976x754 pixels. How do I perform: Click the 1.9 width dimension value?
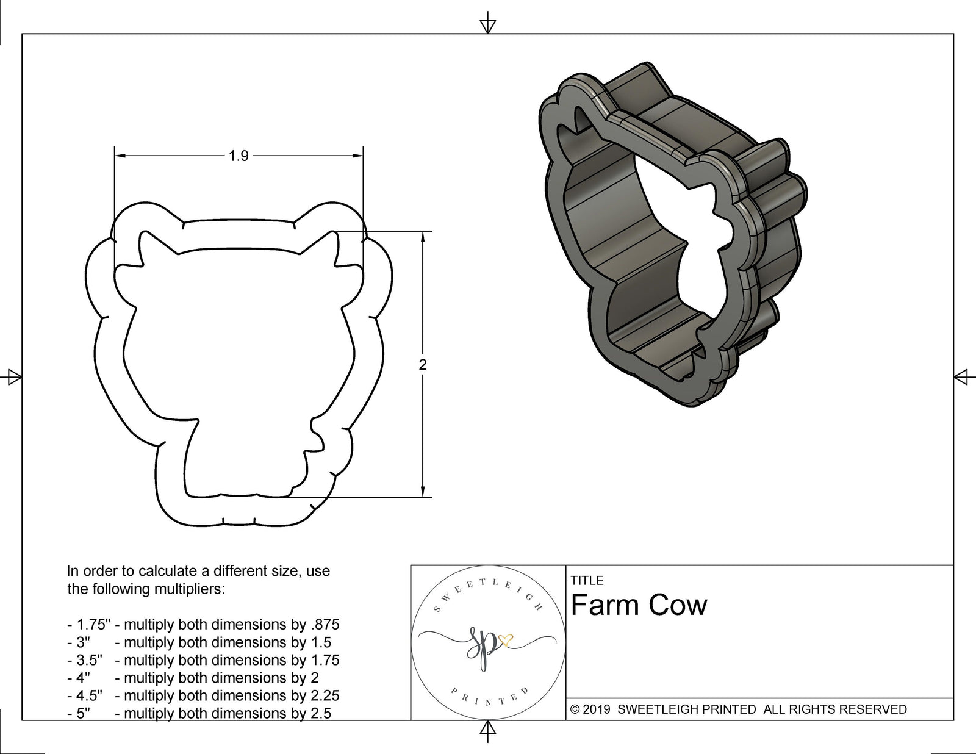click(239, 156)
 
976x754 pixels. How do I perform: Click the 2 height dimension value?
click(423, 365)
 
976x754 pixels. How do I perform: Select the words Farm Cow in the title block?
click(639, 605)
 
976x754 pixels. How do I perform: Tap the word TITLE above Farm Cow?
click(587, 581)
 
